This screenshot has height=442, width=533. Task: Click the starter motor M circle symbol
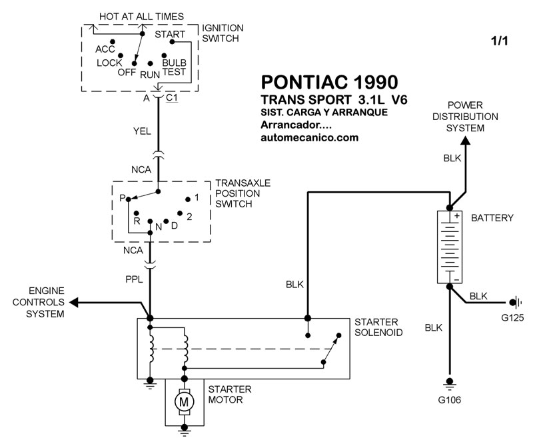click(x=184, y=402)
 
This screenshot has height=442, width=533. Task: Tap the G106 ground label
click(x=449, y=399)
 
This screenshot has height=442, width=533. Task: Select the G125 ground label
click(x=512, y=318)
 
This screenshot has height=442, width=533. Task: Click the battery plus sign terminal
click(x=457, y=215)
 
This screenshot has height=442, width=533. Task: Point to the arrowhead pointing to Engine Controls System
click(x=74, y=302)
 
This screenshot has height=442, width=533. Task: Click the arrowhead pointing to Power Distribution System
click(x=465, y=140)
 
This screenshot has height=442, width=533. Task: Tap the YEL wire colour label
click(x=142, y=131)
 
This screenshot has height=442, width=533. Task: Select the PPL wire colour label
click(x=134, y=279)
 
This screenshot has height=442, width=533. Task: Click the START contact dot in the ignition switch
click(x=172, y=42)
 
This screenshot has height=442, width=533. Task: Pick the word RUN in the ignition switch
click(x=150, y=75)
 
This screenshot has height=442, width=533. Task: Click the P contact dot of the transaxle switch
click(x=128, y=199)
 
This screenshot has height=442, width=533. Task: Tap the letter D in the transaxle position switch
click(x=175, y=225)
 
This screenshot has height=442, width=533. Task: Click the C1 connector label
click(x=172, y=97)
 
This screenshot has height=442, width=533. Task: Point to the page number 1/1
click(x=499, y=41)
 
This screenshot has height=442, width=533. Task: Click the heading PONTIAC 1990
click(x=329, y=82)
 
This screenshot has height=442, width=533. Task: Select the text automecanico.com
click(x=310, y=137)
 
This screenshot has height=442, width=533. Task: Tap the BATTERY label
click(x=492, y=218)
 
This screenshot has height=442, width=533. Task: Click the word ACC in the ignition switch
click(x=105, y=49)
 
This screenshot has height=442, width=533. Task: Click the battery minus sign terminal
click(x=457, y=280)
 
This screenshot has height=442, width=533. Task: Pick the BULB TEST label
click(x=174, y=67)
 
